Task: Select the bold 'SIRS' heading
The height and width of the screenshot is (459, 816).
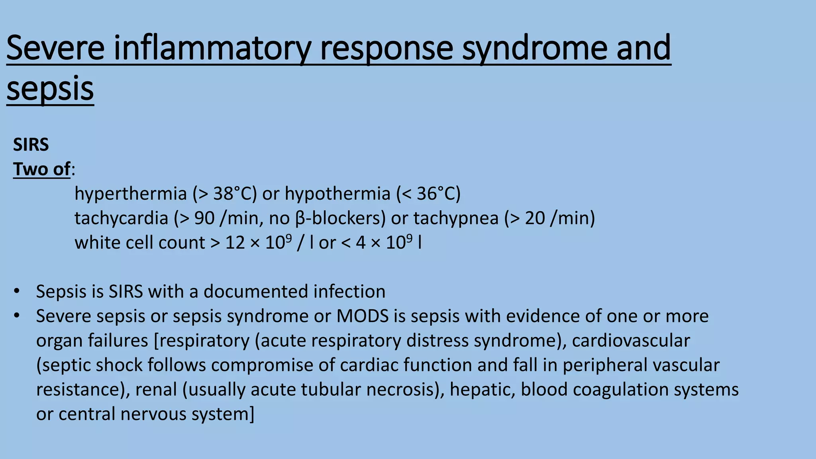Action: pos(31,145)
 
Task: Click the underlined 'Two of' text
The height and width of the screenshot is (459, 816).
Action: pos(42,169)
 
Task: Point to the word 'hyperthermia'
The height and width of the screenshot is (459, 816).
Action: pos(131,194)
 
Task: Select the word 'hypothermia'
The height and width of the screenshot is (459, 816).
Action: pos(337,194)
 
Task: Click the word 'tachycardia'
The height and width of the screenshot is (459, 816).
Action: pos(121,218)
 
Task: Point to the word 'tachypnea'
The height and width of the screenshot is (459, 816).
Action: pos(456,218)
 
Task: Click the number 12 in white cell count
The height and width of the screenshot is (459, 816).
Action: pos(235,243)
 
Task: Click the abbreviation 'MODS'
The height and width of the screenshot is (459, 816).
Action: pos(362,316)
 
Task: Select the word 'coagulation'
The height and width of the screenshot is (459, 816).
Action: pos(620,390)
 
